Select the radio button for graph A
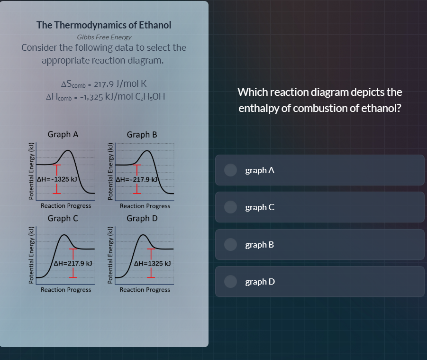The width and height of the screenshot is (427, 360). (231, 170)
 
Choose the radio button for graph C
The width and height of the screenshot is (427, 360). (231, 207)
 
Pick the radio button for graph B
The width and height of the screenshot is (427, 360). (231, 245)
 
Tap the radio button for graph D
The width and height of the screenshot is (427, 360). (231, 282)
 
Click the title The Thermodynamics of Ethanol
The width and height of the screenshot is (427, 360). (104, 25)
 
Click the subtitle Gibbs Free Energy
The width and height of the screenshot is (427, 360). (104, 37)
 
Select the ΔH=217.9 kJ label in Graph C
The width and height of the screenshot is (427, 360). (73, 262)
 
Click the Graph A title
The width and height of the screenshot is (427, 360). (63, 134)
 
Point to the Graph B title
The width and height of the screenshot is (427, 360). (142, 134)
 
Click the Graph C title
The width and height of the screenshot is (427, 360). (63, 219)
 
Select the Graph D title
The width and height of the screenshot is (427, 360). (142, 219)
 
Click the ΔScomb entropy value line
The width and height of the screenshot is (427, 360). (104, 84)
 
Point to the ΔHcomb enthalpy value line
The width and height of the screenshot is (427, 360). (105, 97)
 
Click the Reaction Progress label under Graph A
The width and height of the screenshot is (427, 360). (66, 206)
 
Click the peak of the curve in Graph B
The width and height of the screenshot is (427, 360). (149, 150)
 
